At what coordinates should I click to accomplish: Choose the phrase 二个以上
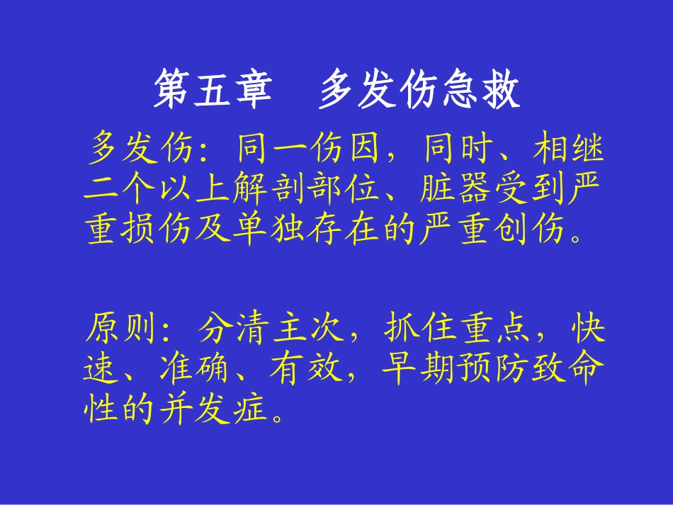click(x=155, y=190)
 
